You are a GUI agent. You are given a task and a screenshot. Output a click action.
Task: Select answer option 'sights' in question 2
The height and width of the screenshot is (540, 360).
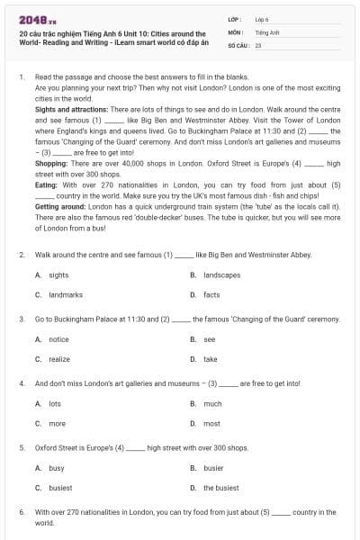tap(58, 274)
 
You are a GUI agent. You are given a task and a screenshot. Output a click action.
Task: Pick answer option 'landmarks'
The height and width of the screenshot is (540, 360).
tap(65, 294)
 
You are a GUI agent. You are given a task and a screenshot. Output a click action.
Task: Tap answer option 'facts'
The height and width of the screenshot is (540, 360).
tap(211, 294)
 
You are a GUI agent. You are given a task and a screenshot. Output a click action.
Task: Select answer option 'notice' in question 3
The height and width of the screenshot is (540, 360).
tap(58, 339)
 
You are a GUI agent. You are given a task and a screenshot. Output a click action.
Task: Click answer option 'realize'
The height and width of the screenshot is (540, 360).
tap(58, 359)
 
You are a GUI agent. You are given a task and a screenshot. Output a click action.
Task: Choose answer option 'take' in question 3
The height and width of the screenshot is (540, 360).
tap(210, 359)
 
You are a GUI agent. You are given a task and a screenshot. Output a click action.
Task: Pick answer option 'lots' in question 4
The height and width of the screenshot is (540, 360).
tap(55, 404)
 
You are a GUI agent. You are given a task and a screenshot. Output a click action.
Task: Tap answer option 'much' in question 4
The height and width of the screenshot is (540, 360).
tap(211, 404)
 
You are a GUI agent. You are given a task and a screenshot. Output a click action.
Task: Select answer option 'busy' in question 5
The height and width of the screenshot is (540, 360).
tap(56, 468)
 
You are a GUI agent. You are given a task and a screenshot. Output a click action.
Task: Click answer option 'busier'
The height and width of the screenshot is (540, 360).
tap(213, 468)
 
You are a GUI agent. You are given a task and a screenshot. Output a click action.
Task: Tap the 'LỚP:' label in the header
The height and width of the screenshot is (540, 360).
tap(235, 19)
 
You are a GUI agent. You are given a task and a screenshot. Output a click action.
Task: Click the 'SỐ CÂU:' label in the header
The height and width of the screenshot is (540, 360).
tap(238, 44)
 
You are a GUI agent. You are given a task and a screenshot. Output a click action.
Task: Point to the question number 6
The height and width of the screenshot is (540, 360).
tap(21, 512)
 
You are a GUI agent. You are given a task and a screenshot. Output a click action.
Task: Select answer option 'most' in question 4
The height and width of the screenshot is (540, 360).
tap(211, 423)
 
